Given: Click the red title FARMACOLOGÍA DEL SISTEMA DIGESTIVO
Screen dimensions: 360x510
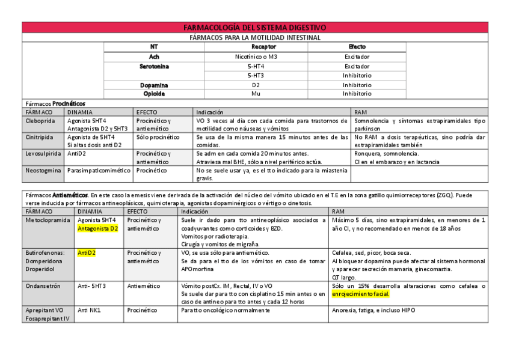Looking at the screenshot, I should click(254, 28).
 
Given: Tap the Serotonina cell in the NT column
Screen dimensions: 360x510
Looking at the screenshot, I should click(154, 66).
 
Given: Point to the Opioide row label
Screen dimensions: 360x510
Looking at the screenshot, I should click(154, 94).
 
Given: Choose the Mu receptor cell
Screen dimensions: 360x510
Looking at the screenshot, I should click(256, 94).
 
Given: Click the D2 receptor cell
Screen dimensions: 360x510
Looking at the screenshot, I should click(256, 85).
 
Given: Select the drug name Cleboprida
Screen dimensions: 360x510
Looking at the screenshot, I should click(40, 121).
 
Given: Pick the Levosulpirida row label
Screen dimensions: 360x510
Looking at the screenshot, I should click(43, 154).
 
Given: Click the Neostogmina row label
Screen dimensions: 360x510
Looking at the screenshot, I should click(43, 171).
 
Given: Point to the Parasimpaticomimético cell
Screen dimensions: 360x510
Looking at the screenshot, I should click(99, 171).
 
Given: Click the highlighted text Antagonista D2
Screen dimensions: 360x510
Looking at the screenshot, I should click(97, 228).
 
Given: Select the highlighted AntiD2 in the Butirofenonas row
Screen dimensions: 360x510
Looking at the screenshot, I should click(87, 253).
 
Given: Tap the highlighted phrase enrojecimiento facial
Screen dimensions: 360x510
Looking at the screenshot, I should click(360, 294).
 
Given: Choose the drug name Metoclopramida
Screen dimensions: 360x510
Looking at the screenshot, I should click(47, 221).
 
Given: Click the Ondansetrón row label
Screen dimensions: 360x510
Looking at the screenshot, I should click(43, 286).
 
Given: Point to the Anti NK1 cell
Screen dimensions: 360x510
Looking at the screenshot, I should click(90, 310).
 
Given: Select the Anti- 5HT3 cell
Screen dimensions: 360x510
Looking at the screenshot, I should click(92, 286).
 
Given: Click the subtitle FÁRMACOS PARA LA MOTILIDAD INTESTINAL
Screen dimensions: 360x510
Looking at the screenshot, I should click(254, 37).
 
